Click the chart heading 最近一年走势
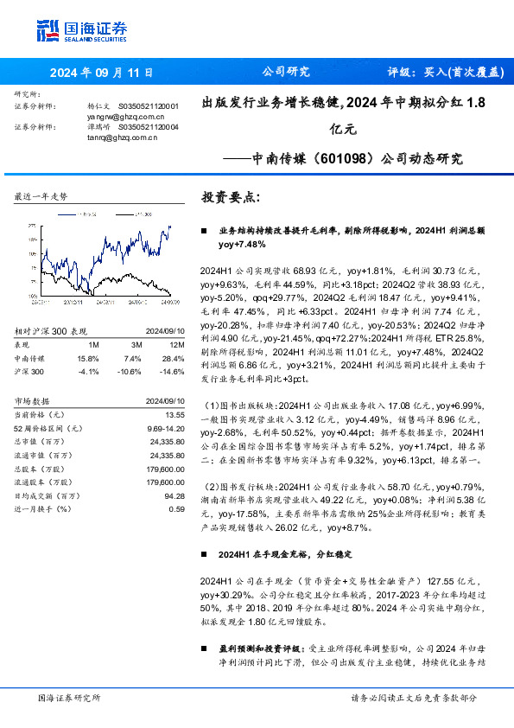coord(41,198)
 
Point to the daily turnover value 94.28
coord(175,495)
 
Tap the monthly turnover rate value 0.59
coord(177,509)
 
